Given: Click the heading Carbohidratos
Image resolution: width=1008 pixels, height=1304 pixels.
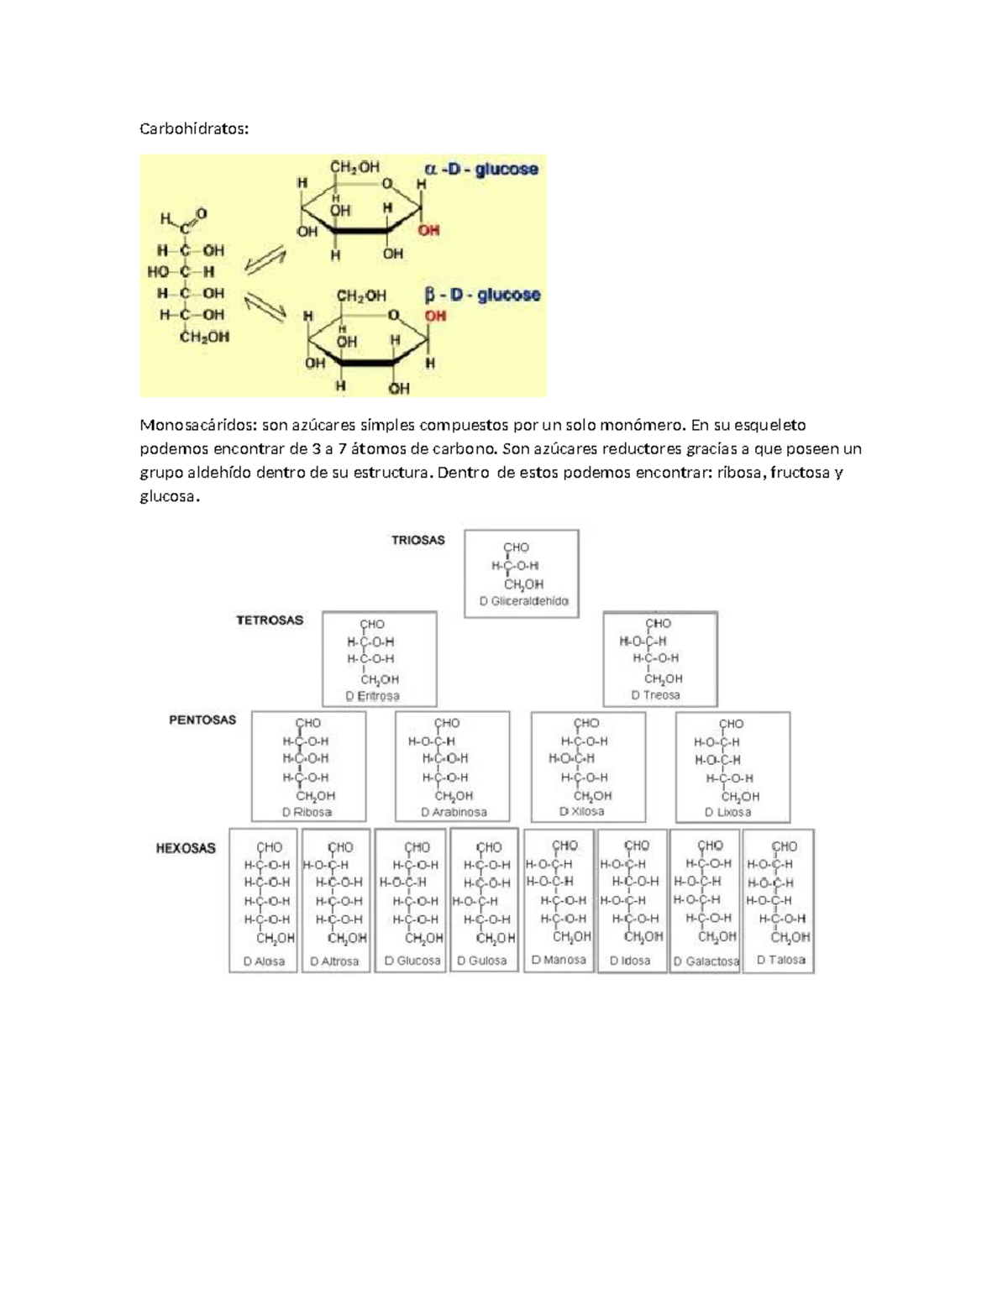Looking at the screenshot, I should click(x=194, y=128).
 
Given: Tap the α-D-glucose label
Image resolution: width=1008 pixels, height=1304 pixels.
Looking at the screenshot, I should click(x=481, y=170).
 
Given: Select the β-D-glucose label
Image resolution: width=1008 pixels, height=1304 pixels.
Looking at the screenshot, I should click(x=482, y=296).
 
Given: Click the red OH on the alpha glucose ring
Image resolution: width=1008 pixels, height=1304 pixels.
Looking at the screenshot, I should click(x=428, y=230).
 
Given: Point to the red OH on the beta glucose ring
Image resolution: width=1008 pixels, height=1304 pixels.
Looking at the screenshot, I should click(x=435, y=316).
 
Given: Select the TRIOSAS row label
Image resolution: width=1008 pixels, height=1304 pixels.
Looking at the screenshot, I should click(x=417, y=540).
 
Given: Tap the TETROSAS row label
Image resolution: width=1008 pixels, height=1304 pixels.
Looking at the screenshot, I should click(x=270, y=621).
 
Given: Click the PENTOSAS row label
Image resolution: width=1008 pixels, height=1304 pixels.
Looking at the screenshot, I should click(x=202, y=720).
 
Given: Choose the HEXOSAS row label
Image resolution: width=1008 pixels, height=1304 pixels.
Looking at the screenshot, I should click(x=186, y=848).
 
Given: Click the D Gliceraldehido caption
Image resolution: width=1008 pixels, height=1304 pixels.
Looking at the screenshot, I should click(x=523, y=601).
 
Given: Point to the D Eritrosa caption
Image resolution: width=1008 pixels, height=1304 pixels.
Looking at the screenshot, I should click(x=372, y=696).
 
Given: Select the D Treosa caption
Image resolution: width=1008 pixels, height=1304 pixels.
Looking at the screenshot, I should click(x=655, y=695).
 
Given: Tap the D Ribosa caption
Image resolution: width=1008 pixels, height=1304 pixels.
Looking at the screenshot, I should click(x=307, y=812).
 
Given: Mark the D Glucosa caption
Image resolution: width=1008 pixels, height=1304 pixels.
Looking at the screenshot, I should click(x=412, y=961).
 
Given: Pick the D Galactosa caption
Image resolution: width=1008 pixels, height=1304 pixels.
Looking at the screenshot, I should click(x=706, y=961).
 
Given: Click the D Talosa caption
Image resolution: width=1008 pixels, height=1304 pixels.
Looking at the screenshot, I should click(x=780, y=960).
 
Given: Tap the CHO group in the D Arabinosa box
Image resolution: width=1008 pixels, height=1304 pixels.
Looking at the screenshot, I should click(x=447, y=723).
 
